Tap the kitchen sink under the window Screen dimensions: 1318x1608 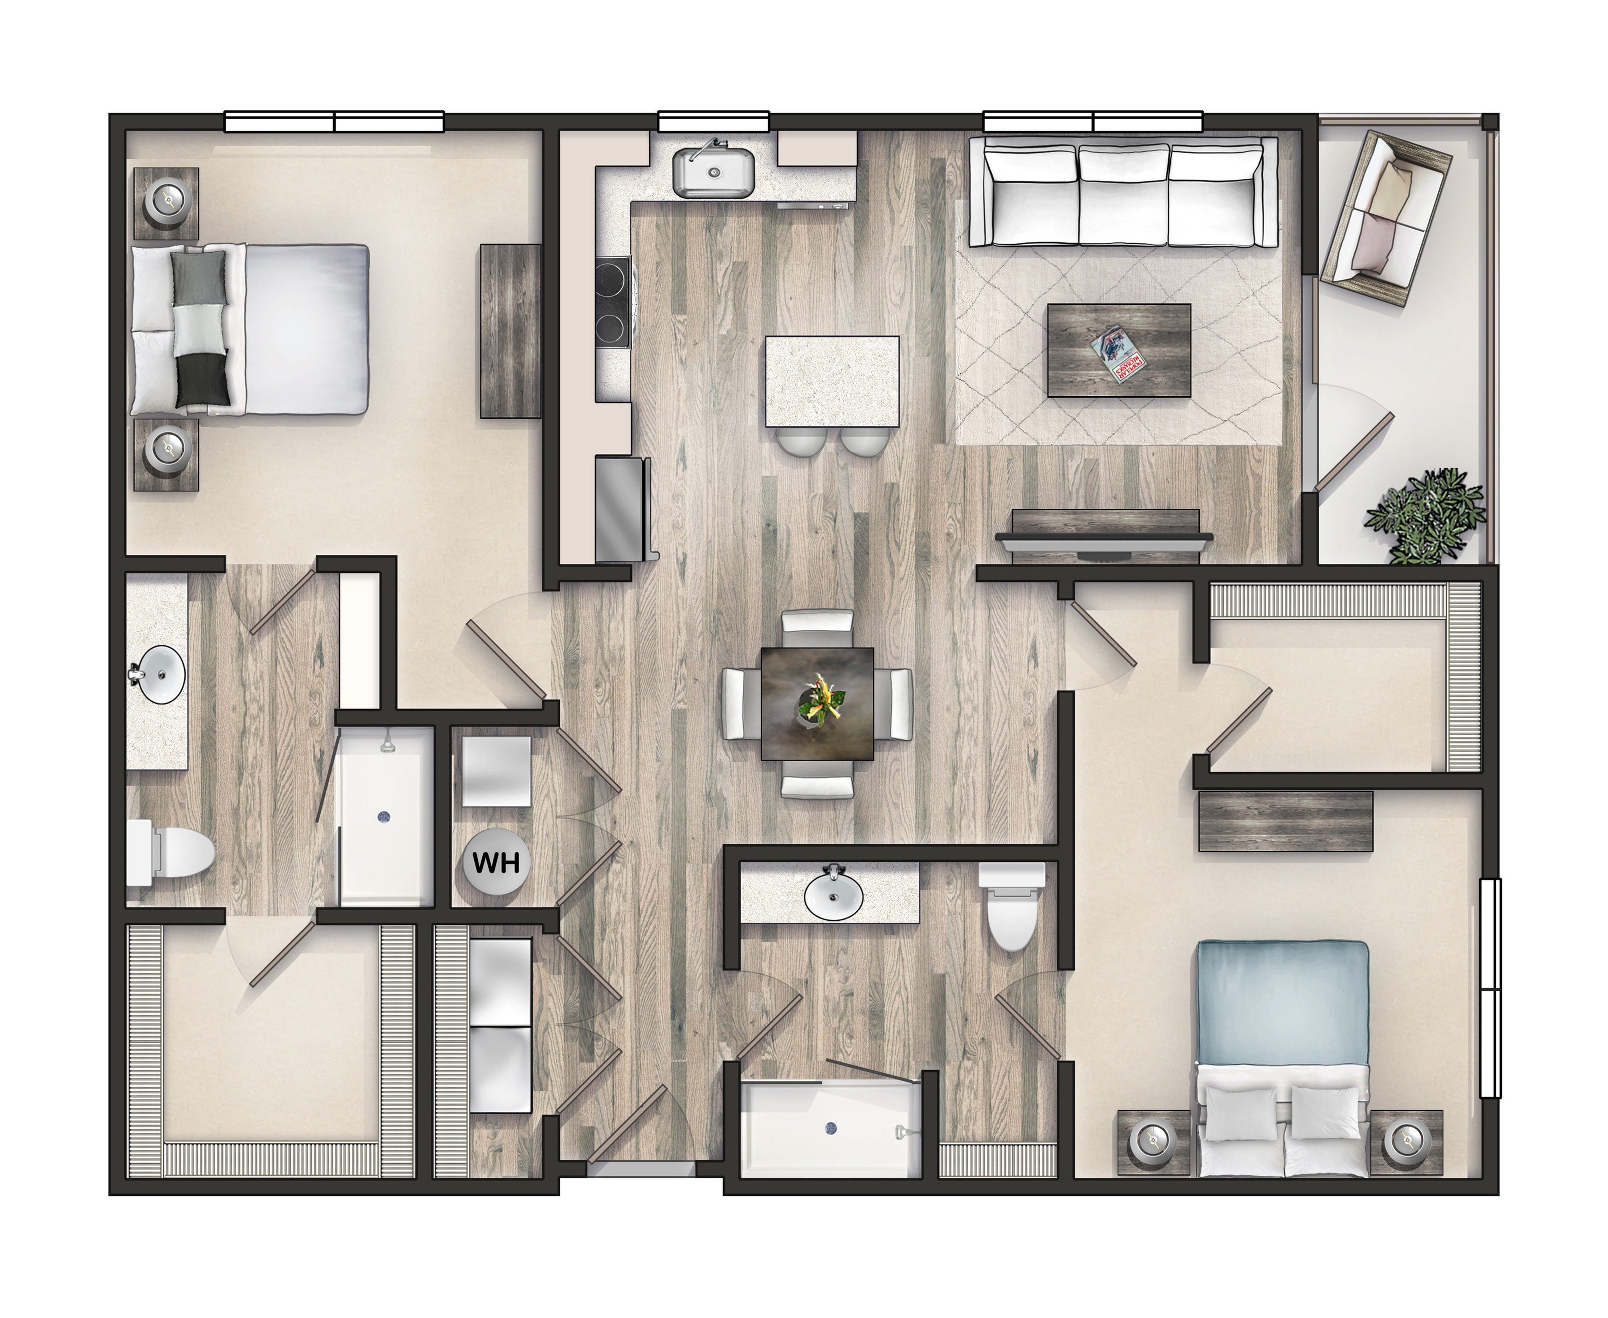coord(713,173)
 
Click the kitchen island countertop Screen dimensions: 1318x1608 coord(832,382)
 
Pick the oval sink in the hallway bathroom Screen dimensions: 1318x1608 coord(833,895)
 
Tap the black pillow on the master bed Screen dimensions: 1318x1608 coord(203,380)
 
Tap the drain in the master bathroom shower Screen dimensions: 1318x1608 coord(383,817)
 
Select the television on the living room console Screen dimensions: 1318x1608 coord(1105,538)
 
